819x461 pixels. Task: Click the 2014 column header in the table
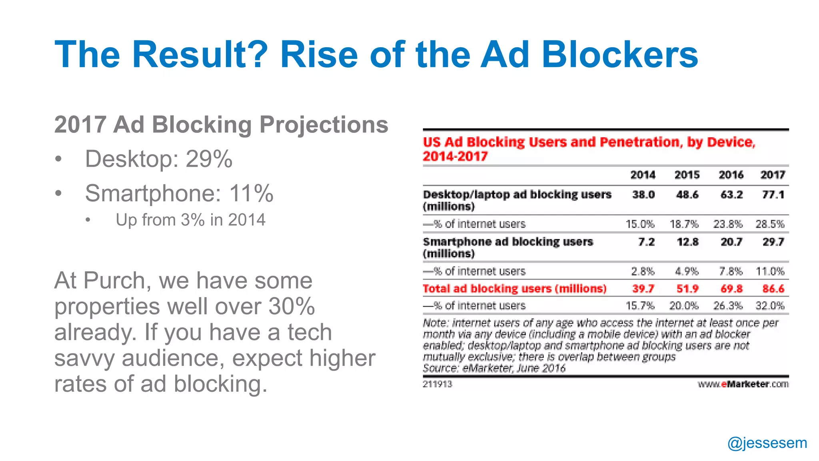tap(643, 175)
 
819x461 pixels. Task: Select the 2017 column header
tap(773, 175)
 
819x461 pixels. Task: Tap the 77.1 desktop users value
tap(773, 195)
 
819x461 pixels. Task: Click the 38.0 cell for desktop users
tap(643, 195)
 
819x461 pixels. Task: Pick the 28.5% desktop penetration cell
tap(770, 224)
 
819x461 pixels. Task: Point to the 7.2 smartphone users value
tap(646, 242)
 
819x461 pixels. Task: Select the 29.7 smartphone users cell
tap(773, 242)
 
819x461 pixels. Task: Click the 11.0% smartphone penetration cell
tap(770, 271)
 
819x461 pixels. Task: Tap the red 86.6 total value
tap(773, 289)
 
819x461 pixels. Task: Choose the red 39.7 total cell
tap(643, 289)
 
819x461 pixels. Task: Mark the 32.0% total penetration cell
tap(770, 306)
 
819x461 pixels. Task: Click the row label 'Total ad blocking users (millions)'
tap(514, 289)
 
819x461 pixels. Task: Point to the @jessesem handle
tap(767, 443)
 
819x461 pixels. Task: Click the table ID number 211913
tap(437, 384)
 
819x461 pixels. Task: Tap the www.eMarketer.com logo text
tap(743, 384)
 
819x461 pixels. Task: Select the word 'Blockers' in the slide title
tap(619, 54)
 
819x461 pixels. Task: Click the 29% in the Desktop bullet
tap(209, 159)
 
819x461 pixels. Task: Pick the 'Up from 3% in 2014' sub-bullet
tap(190, 220)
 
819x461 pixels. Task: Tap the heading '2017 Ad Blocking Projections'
tap(221, 124)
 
